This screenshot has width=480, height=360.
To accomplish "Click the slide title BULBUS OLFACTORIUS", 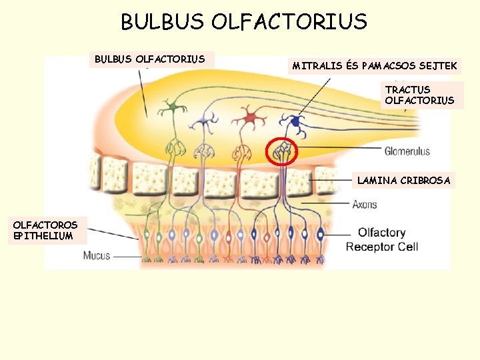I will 243,22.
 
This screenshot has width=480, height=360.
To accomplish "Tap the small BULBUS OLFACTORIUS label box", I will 149,59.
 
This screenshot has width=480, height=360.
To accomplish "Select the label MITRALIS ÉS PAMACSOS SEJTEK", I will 375,65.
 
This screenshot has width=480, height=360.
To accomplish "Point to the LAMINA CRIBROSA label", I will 403,180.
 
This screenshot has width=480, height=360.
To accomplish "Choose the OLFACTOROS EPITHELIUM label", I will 45,230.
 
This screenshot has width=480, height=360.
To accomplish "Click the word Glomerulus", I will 407,151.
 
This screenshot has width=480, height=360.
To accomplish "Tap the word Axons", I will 365,204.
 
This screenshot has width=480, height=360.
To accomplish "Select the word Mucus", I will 97,255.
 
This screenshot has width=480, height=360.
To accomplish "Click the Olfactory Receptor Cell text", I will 381,239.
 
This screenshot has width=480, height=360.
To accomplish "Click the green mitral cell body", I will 174,107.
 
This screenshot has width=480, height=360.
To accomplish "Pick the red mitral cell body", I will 251,119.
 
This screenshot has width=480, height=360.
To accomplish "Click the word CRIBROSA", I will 427,180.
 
